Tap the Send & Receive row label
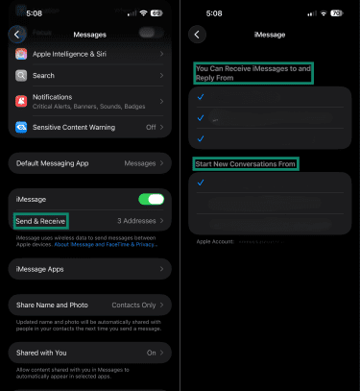coord(40,220)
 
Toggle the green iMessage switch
coord(151,199)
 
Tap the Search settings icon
coord(21,75)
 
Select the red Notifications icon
coord(21,100)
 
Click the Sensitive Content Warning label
coord(74,126)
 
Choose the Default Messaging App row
coord(89,163)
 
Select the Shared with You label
coord(45,353)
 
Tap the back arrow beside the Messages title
coord(16,34)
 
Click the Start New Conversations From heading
coord(245,164)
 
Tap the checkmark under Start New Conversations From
coord(201,182)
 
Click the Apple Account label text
coord(215,242)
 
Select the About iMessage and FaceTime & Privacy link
coord(120,245)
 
